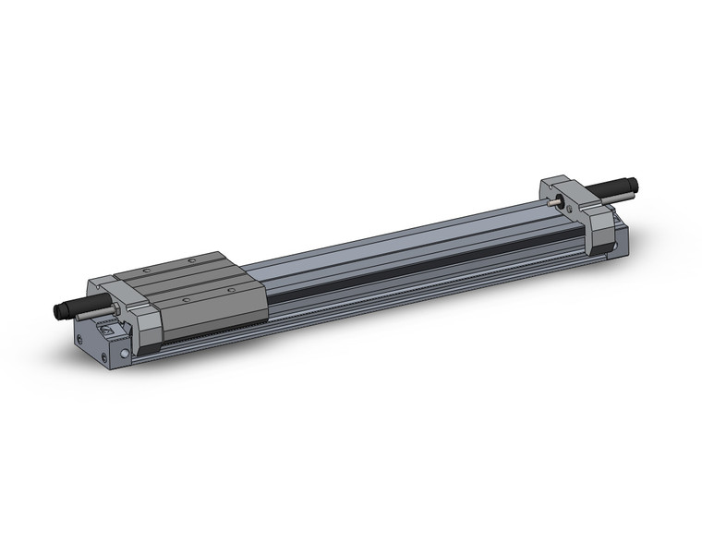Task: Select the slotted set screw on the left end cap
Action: pyautogui.click(x=108, y=330)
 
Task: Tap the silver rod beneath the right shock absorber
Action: pyautogui.click(x=613, y=202)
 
